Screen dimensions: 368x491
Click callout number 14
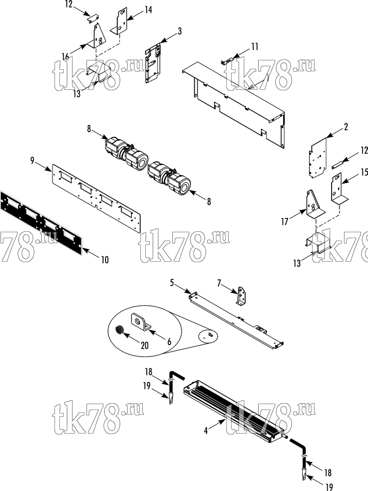148,10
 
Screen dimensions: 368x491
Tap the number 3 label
180,31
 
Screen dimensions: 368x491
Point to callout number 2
346,127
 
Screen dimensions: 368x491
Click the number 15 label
364,172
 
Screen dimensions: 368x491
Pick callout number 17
285,222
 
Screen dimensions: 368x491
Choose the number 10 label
105,260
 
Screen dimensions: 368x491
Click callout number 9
32,161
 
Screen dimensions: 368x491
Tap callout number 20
145,345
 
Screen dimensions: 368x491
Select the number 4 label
206,431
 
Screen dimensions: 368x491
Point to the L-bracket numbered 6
140,322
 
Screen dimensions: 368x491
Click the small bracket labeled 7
241,295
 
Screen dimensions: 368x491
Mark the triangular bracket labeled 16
97,37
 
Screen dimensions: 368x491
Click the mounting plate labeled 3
153,62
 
